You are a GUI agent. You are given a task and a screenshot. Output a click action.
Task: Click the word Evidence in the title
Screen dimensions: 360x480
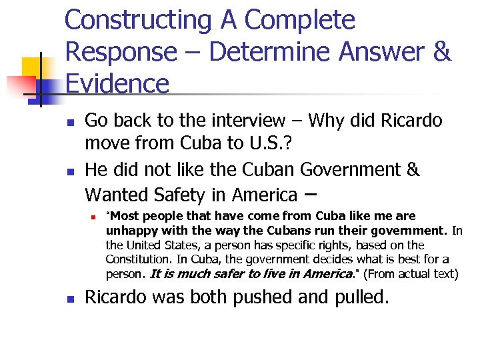click(117, 84)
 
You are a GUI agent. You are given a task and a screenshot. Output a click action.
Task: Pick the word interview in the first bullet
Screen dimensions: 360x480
click(247, 121)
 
